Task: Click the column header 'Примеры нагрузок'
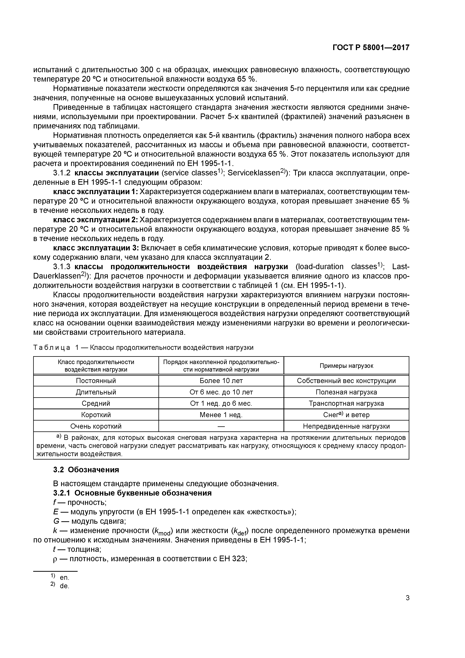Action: (x=346, y=366)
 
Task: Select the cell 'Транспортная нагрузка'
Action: (x=346, y=403)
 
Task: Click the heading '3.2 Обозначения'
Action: (x=86, y=470)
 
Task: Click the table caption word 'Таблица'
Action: (x=52, y=348)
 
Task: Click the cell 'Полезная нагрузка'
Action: (x=346, y=392)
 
